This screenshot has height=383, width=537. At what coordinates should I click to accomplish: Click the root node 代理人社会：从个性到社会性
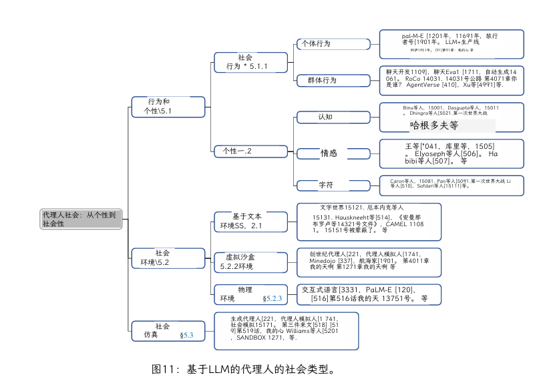pyautogui.click(x=81, y=219)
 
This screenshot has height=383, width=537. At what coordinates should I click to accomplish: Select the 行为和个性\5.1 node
pyautogui.click(x=168, y=107)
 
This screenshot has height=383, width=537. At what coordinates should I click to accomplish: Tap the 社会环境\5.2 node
pyautogui.click(x=168, y=258)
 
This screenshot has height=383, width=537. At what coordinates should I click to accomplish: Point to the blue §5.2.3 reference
pyautogui.click(x=273, y=298)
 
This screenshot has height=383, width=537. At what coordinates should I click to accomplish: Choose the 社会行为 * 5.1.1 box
pyautogui.click(x=250, y=62)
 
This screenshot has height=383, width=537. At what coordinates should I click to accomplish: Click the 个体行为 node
pyautogui.click(x=333, y=44)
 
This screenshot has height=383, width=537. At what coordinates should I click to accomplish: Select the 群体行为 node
pyautogui.click(x=333, y=81)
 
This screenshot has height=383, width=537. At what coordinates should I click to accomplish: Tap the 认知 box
pyautogui.click(x=333, y=117)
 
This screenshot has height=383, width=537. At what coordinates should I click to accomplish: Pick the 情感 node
pyautogui.click(x=333, y=153)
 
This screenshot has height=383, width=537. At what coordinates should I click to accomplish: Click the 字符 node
pyautogui.click(x=333, y=185)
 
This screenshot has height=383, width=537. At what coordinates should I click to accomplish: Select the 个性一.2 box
pyautogui.click(x=250, y=151)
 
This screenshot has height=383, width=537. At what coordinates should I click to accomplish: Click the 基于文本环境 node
pyautogui.click(x=250, y=222)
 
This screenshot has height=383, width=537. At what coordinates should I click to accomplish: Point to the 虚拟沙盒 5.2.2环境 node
pyautogui.click(x=250, y=262)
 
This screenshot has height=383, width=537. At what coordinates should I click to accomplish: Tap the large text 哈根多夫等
pyautogui.click(x=434, y=125)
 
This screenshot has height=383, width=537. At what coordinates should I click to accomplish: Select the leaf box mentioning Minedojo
pyautogui.click(x=369, y=262)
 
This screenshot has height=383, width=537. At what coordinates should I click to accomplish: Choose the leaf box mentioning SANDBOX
pyautogui.click(x=286, y=331)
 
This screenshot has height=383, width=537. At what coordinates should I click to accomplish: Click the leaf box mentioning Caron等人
pyautogui.click(x=452, y=184)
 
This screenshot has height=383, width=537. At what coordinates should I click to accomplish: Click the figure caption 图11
pyautogui.click(x=243, y=369)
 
